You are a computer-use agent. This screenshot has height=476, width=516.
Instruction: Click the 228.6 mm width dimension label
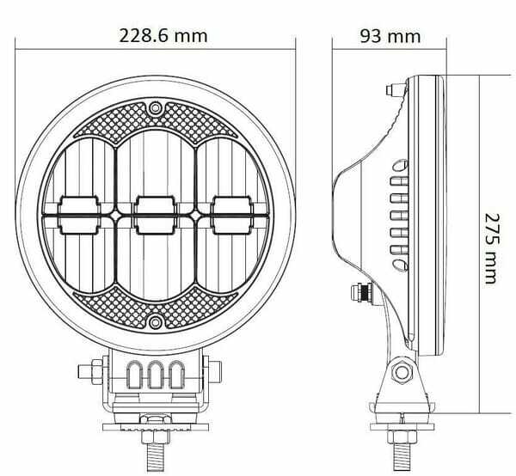click(163, 36)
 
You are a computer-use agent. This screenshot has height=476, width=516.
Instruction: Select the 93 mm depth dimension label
click(390, 36)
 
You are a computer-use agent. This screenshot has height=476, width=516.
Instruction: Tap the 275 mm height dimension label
click(492, 248)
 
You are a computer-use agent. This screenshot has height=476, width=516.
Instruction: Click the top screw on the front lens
click(155, 107)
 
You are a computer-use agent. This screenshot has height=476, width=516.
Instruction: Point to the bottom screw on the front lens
click(155, 322)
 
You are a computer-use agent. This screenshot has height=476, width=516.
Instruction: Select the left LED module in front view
click(79, 216)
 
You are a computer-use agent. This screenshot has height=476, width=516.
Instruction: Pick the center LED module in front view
click(156, 216)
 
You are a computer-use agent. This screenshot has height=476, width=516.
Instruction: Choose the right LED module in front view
click(232, 216)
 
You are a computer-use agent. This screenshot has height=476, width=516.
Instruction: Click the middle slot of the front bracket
click(156, 375)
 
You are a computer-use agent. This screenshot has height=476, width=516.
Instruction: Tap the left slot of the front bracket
click(135, 375)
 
